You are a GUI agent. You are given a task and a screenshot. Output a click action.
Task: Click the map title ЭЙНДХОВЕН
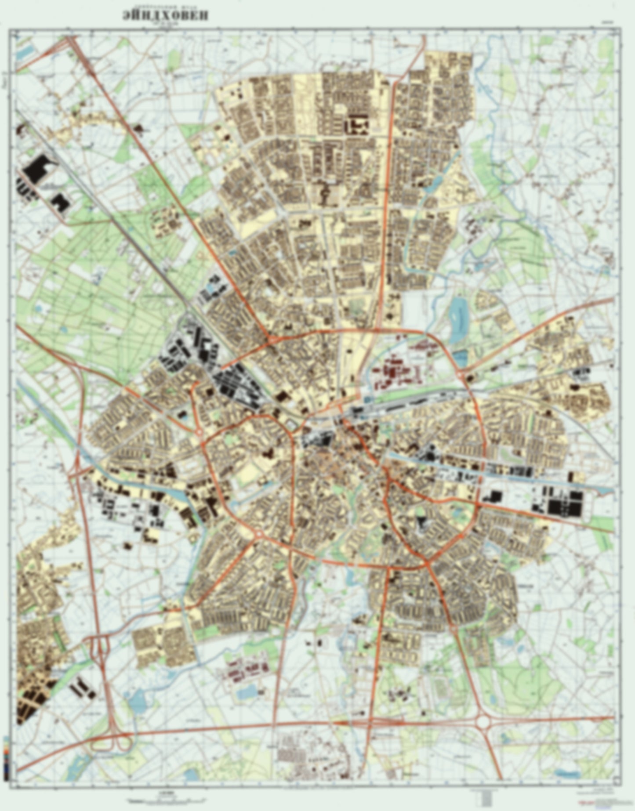click(x=166, y=15)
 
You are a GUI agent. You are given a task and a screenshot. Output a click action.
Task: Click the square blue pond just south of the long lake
click(x=461, y=358)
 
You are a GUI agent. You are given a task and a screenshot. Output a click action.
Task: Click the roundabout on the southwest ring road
click(x=258, y=534)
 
